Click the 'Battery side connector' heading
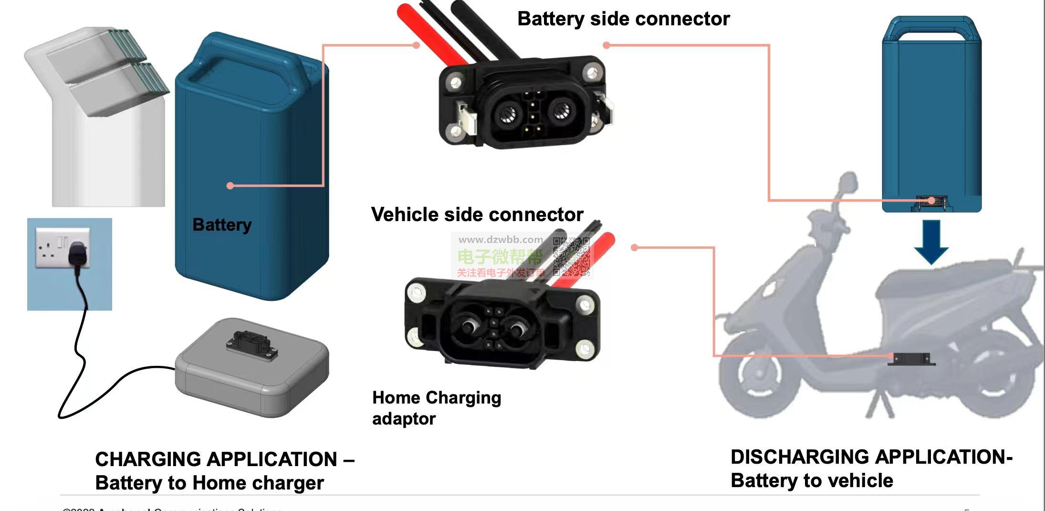click(623, 19)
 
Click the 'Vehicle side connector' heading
click(477, 214)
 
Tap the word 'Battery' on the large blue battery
click(222, 224)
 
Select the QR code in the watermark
click(572, 257)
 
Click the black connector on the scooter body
click(911, 359)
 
